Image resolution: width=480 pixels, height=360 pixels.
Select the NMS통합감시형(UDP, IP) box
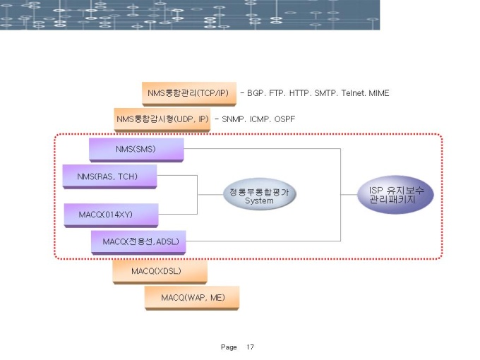(x=162, y=119)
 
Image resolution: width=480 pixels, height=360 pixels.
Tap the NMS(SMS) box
(x=136, y=150)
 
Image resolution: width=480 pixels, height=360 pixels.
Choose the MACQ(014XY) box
(x=111, y=214)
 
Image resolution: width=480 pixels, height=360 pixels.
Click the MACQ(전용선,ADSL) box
(x=140, y=241)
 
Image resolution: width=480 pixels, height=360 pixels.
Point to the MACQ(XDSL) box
(x=160, y=271)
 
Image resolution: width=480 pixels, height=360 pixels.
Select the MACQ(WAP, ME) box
(x=192, y=298)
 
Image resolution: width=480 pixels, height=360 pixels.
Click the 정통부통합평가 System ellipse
(x=259, y=196)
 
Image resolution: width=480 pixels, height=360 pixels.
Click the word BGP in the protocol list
(x=256, y=93)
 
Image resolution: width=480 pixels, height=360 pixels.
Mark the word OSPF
(x=284, y=119)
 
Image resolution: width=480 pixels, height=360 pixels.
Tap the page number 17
(x=250, y=347)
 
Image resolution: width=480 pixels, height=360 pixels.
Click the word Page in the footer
(x=229, y=347)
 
